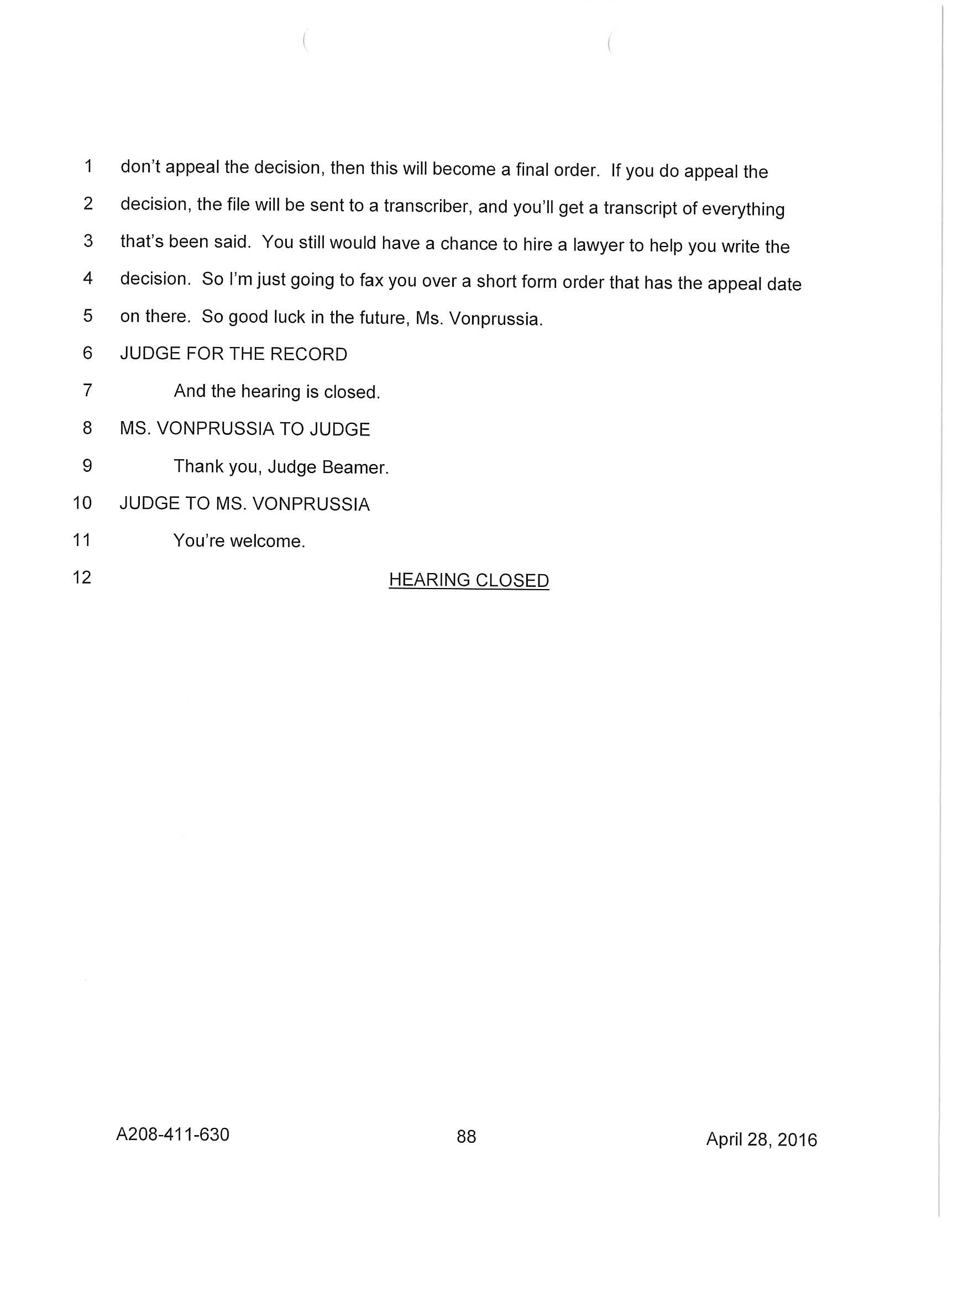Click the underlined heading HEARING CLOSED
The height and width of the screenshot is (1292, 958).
(469, 580)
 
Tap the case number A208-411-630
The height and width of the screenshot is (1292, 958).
(173, 1135)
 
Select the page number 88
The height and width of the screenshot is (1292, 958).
(466, 1137)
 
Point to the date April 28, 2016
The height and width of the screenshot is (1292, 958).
(761, 1139)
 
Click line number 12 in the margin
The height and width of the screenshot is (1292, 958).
(82, 577)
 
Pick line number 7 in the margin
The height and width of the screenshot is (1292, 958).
(87, 390)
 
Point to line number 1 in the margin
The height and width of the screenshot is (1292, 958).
(88, 166)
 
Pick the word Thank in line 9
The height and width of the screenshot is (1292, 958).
(198, 466)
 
